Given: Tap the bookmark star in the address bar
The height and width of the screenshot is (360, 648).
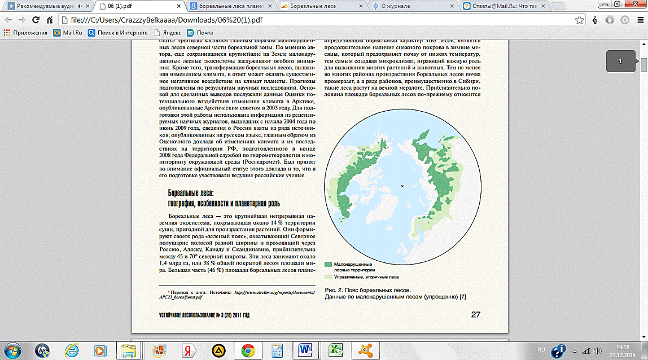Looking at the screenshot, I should coord(579,20).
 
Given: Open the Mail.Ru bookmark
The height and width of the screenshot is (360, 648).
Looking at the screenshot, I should coord(68,33).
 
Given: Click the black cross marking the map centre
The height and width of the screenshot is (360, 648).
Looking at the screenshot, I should coord(402,186).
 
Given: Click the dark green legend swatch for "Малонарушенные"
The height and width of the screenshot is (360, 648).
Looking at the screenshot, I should coord(328,264).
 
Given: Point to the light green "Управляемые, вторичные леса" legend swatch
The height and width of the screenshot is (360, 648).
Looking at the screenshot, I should coord(328,277).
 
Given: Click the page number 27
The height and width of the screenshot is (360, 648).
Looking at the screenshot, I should coord(475,314).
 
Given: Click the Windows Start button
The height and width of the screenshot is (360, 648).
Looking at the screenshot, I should coord(12,350).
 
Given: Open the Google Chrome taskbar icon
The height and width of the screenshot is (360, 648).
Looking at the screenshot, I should coord(247,350).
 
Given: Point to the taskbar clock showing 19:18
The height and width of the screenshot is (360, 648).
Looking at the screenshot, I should coord(623,346).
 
